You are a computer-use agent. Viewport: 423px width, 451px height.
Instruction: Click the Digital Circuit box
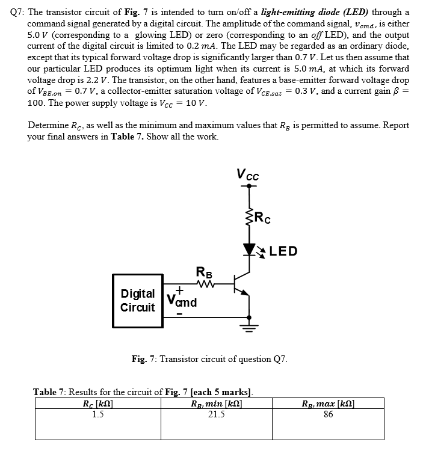[x=138, y=301]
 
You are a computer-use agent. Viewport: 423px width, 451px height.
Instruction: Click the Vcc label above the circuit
[x=249, y=175]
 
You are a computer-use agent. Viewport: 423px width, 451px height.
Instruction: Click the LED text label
[x=283, y=251]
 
